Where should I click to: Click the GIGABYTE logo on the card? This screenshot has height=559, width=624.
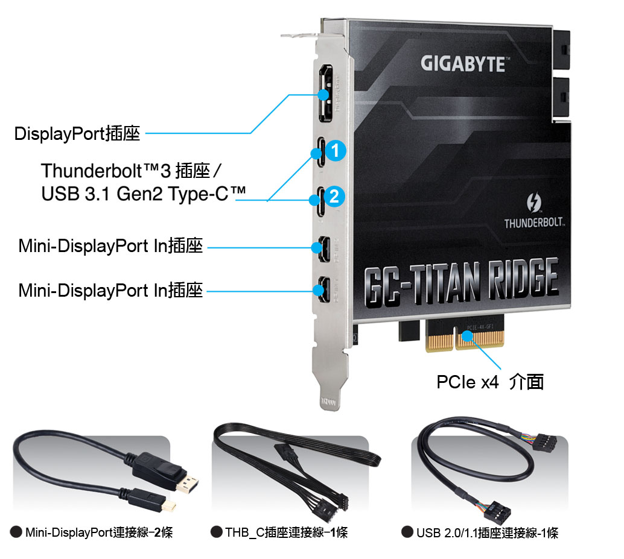pyautogui.click(x=462, y=63)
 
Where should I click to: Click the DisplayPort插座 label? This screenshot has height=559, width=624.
pyautogui.click(x=77, y=133)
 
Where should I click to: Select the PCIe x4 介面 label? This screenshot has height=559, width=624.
pyautogui.click(x=489, y=382)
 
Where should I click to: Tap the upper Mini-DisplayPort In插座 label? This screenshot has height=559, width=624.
pyautogui.click(x=110, y=246)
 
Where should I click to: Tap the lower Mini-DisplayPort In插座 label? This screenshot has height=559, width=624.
pyautogui.click(x=110, y=291)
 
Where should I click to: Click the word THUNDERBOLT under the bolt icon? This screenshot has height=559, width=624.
pyautogui.click(x=534, y=224)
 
